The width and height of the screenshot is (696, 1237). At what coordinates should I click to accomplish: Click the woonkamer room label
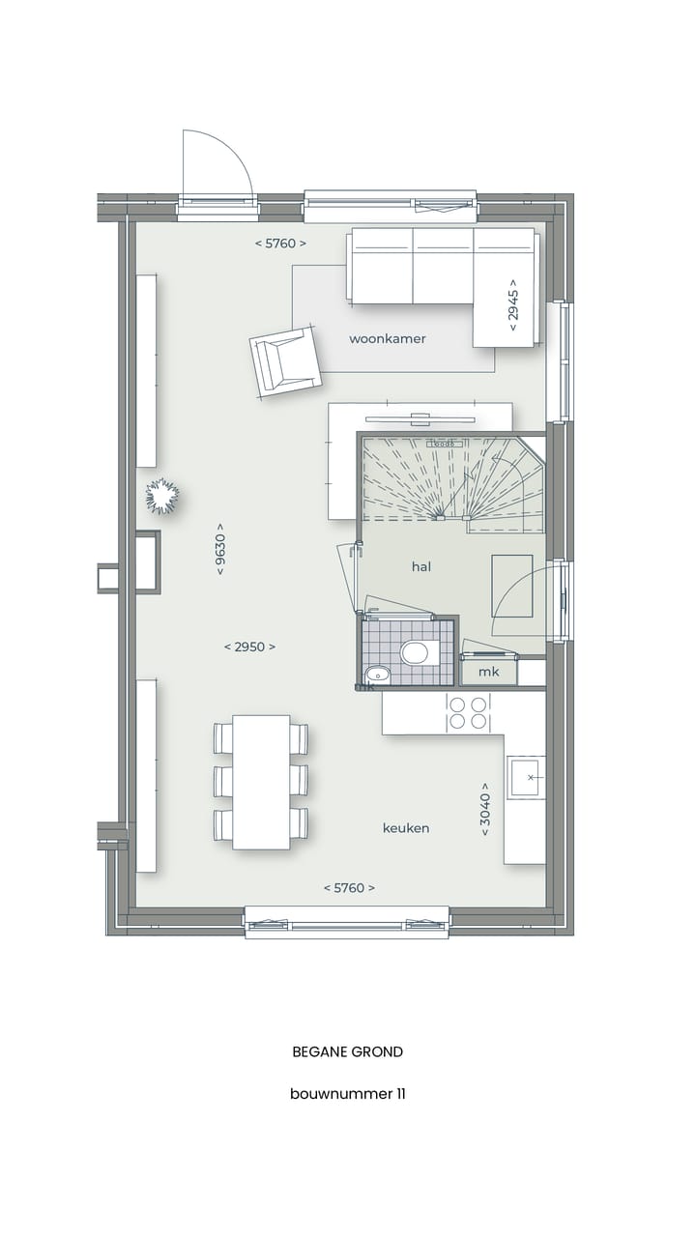tap(387, 339)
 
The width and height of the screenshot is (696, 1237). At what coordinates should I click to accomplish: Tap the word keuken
tap(406, 828)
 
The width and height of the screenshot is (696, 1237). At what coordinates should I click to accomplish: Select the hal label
tap(421, 567)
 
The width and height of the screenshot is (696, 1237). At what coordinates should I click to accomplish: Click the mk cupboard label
tap(489, 672)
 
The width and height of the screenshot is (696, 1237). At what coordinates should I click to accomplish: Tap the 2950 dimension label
tap(249, 647)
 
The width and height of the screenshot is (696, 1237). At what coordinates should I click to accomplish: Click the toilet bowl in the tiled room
tap(416, 651)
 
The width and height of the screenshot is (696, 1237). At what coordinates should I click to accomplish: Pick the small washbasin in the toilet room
tap(376, 674)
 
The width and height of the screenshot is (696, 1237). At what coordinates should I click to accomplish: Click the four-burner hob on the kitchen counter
tap(468, 713)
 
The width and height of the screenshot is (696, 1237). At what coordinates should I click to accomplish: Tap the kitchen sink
tap(526, 777)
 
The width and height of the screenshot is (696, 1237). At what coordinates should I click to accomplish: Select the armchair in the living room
tap(285, 361)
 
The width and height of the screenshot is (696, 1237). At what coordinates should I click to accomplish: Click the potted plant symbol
tap(162, 496)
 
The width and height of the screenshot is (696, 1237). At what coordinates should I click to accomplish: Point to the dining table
tap(261, 782)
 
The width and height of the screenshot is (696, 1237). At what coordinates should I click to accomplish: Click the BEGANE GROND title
tap(348, 1051)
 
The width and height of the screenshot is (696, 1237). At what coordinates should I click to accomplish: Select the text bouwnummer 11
tap(348, 1094)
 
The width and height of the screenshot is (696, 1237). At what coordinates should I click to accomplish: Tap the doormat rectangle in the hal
tap(511, 586)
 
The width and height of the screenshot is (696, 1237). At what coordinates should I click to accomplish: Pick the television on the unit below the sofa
tap(420, 419)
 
